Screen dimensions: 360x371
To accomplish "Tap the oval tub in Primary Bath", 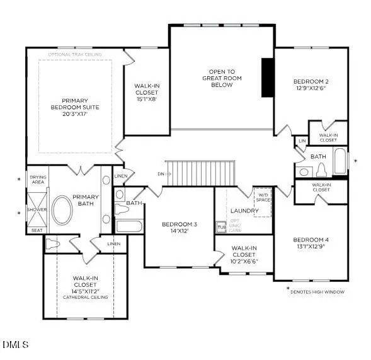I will [x=62, y=210].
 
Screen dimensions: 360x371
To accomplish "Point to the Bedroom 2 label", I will [x=311, y=85].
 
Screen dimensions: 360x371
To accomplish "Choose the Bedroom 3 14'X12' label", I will [x=179, y=228].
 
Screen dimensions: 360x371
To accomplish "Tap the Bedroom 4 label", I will [x=311, y=243].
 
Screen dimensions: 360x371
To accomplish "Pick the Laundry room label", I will [x=244, y=211].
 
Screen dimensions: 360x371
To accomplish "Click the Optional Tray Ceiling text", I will [x=76, y=54].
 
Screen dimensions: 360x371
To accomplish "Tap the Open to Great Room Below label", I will [x=221, y=78].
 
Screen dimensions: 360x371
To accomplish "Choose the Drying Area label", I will [x=38, y=180].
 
